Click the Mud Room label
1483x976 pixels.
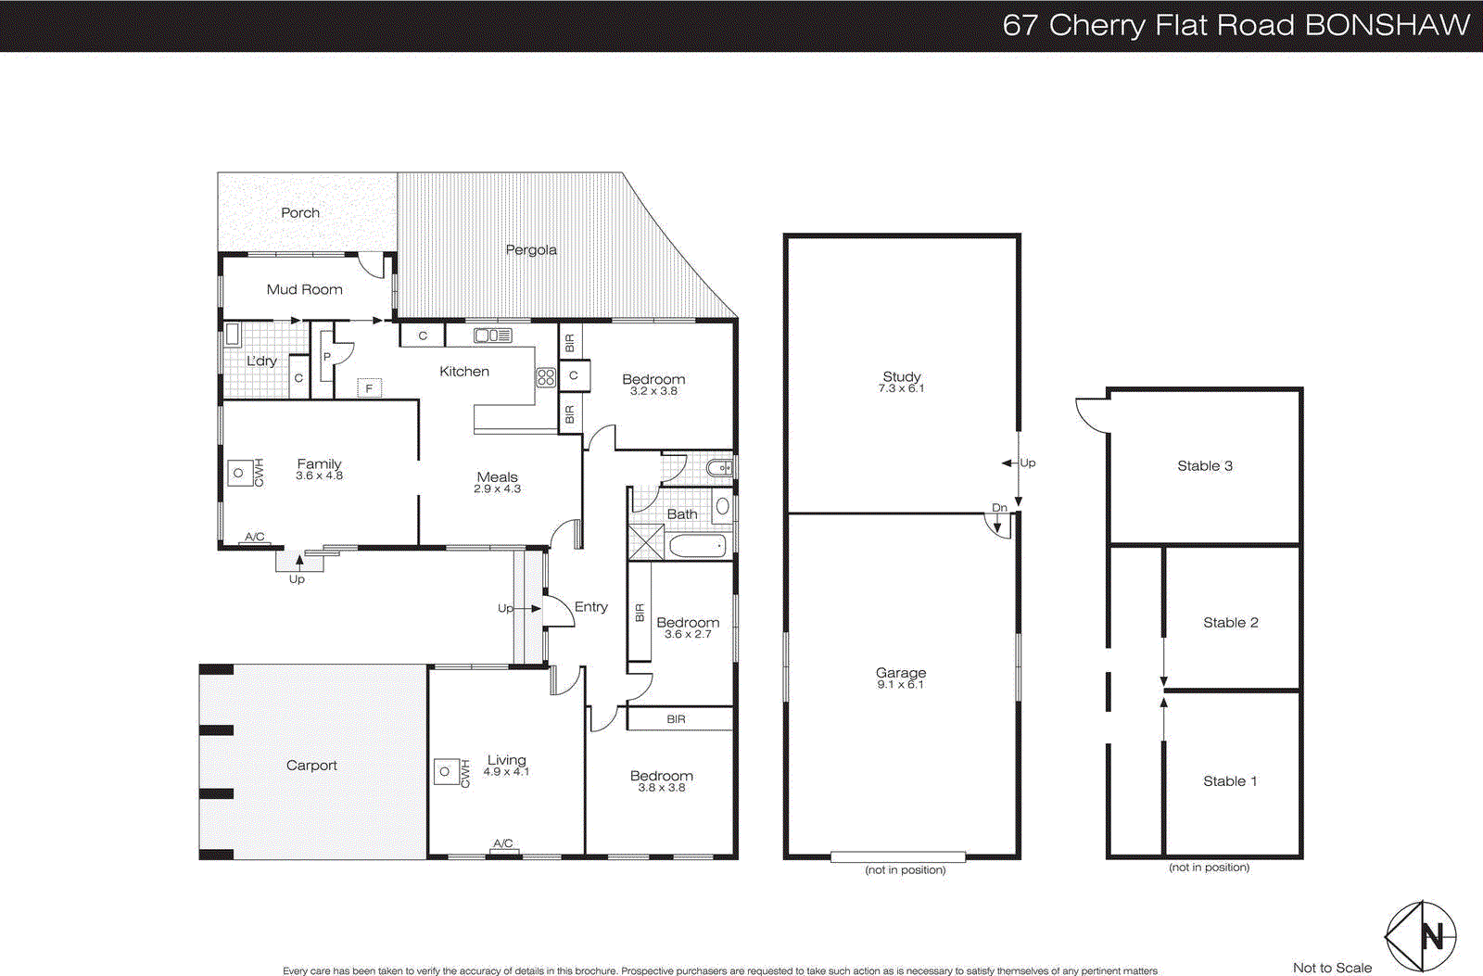click(x=304, y=289)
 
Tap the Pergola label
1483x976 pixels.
click(x=531, y=249)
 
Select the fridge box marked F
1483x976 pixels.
click(x=369, y=388)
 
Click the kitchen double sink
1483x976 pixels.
click(x=493, y=336)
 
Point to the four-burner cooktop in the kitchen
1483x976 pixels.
click(x=545, y=377)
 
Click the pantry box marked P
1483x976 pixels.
click(x=327, y=357)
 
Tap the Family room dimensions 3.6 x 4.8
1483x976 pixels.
click(x=319, y=475)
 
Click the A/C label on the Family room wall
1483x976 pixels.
click(x=255, y=537)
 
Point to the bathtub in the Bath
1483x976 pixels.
click(x=697, y=546)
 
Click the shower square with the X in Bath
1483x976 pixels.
click(x=646, y=541)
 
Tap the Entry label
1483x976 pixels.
click(x=590, y=607)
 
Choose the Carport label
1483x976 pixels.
click(x=311, y=766)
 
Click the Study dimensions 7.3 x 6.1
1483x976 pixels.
click(x=901, y=388)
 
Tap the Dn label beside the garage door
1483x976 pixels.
click(x=999, y=508)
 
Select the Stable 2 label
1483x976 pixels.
click(x=1230, y=623)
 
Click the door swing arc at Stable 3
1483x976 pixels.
click(x=1091, y=416)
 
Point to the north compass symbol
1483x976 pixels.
click(x=1420, y=936)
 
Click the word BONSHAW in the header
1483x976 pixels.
click(x=1387, y=25)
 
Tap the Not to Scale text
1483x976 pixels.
click(x=1332, y=968)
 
